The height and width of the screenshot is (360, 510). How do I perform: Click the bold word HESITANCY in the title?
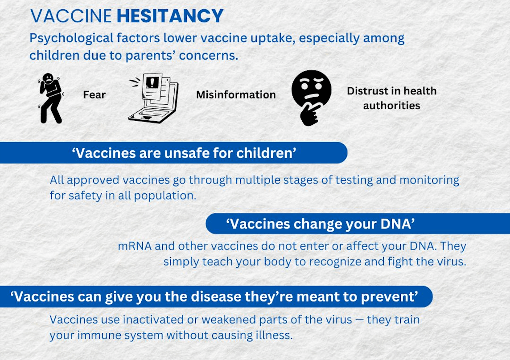pyautogui.click(x=170, y=16)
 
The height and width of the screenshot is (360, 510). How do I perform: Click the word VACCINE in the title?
pyautogui.click(x=71, y=16)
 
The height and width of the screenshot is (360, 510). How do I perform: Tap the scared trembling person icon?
pyautogui.click(x=50, y=98)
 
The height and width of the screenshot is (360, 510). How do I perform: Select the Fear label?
pyautogui.click(x=95, y=94)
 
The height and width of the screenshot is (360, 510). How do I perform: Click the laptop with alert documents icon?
pyautogui.click(x=153, y=98)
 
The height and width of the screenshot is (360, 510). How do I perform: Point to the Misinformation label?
pyautogui.click(x=236, y=94)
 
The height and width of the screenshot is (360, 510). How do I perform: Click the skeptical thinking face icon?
pyautogui.click(x=311, y=98)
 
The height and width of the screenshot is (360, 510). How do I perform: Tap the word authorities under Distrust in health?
pyautogui.click(x=391, y=106)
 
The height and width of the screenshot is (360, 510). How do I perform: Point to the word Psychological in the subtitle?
pyautogui.click(x=72, y=38)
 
